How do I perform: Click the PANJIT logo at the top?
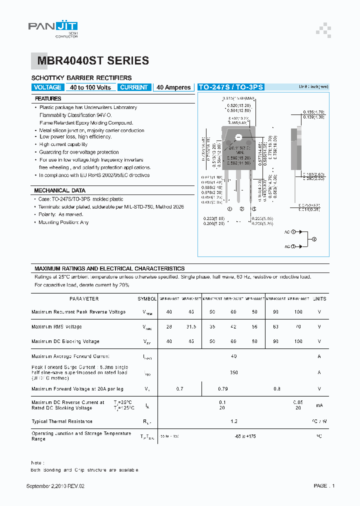[52, 28]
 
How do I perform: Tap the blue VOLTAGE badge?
[47, 87]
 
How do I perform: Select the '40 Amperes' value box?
[173, 87]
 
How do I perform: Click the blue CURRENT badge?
[134, 87]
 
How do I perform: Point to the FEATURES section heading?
[48, 99]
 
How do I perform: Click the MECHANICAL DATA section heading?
[59, 190]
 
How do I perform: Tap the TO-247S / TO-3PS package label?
[231, 87]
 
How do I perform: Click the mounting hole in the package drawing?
[238, 137]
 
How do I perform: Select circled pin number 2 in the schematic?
[314, 239]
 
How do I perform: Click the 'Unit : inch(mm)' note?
[314, 86]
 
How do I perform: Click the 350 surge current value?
[234, 372]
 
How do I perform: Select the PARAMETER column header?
[84, 299]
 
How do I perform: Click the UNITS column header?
[319, 299]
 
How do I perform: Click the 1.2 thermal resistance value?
[234, 421]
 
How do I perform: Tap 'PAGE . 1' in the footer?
[324, 486]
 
